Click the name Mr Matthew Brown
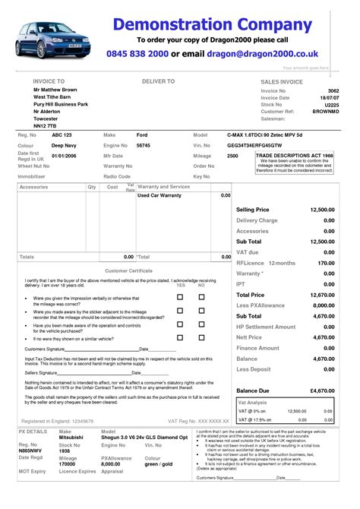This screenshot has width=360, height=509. click(55, 90)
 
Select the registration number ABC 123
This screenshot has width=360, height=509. click(52, 134)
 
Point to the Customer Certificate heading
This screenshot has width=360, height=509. click(128, 270)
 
